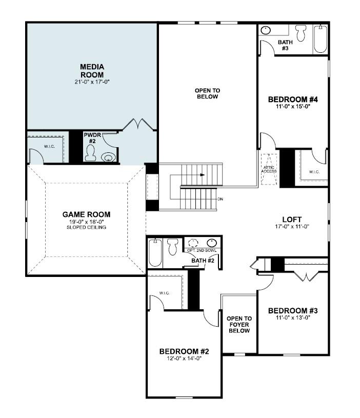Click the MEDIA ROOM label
(x=92, y=71)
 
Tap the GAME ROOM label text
(x=86, y=214)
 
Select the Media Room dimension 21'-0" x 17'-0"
(x=92, y=82)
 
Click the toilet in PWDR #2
(x=91, y=153)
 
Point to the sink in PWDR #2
(x=109, y=157)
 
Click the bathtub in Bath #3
(x=321, y=39)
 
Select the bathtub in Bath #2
(x=155, y=253)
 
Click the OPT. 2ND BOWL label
(x=201, y=250)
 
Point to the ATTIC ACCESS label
(x=269, y=169)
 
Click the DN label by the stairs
(x=221, y=199)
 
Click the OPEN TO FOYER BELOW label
(x=239, y=325)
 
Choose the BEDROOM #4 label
(x=293, y=99)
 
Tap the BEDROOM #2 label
(x=184, y=351)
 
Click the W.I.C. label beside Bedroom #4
(x=314, y=171)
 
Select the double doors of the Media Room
(x=139, y=124)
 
